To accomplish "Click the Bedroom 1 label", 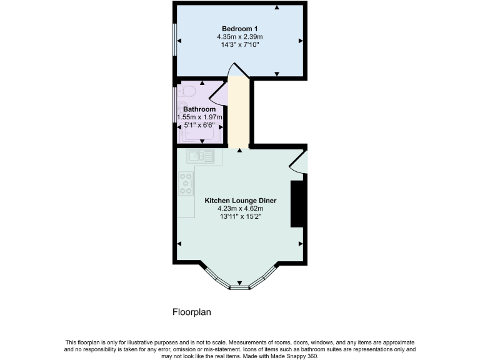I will (240, 29).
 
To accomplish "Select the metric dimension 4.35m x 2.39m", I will (240, 37).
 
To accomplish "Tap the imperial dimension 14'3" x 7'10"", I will (240, 45).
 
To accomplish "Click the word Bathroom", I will (199, 109).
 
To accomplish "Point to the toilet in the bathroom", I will (186, 92).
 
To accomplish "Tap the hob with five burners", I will (186, 183).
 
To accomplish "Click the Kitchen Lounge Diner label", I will (241, 201).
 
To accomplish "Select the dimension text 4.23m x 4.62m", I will (241, 209).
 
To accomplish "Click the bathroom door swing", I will (216, 96).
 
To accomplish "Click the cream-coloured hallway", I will (238, 112).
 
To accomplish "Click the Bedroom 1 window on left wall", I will (174, 41).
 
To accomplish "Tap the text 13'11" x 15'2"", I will (241, 217).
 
